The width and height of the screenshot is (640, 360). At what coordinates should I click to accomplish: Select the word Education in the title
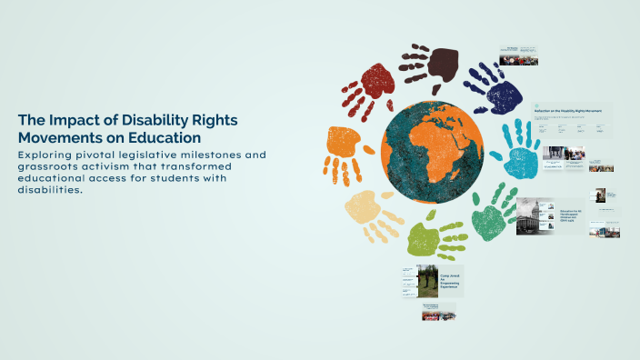point(168,137)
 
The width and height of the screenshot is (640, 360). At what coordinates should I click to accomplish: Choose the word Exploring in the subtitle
point(45,155)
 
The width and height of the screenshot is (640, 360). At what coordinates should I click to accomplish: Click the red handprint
point(369,87)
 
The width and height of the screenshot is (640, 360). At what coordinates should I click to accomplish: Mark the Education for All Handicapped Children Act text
point(570,216)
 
